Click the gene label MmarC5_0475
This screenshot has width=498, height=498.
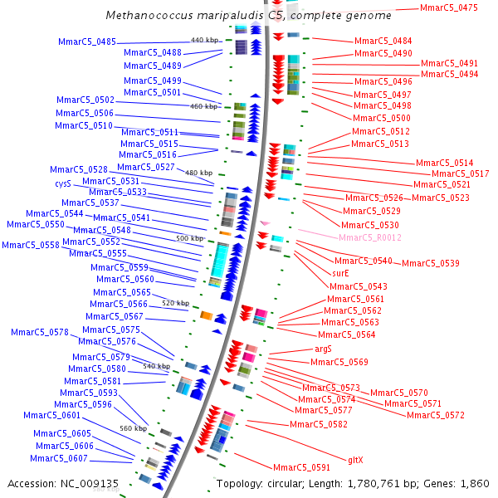(449, 7)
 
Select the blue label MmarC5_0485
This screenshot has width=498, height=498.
(87, 42)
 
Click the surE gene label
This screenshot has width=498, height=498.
(340, 273)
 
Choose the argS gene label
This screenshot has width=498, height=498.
(323, 349)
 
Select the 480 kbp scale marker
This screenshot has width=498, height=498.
(198, 173)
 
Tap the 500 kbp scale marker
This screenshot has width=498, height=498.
(189, 238)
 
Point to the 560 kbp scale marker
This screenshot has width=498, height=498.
(133, 428)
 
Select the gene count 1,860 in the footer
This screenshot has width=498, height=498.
(475, 483)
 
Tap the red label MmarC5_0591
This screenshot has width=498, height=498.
(302, 467)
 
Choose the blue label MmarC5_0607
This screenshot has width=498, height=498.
(59, 458)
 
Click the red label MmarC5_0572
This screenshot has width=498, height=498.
(435, 415)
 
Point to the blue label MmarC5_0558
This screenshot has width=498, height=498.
(30, 245)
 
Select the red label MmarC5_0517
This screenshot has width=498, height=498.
(461, 173)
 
